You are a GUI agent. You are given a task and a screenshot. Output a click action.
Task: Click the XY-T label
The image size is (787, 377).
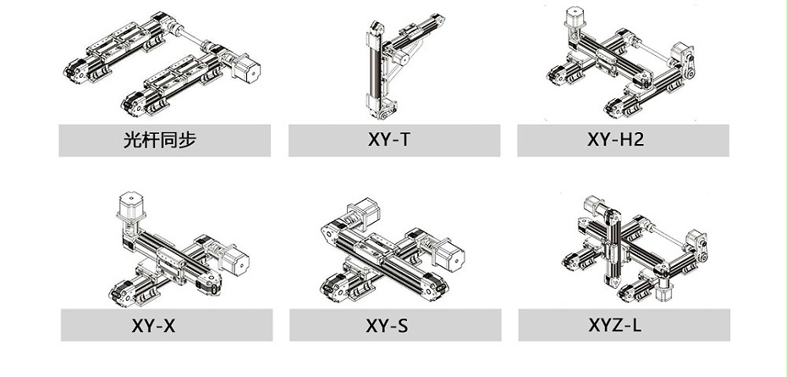388,139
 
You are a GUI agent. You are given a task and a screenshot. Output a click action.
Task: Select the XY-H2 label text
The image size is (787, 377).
615,139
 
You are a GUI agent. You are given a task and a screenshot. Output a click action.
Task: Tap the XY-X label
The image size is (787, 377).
153,326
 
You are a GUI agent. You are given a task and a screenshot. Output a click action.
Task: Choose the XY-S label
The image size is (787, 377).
387,326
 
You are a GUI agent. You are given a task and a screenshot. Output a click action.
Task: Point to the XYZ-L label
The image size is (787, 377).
615,325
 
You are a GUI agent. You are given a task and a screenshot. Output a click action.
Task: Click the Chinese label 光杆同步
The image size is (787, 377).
160,139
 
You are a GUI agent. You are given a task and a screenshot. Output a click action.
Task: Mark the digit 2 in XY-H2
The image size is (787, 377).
637,139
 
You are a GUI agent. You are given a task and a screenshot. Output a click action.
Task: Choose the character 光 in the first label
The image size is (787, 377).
132,139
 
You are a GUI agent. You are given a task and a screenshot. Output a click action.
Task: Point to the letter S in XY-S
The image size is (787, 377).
403,326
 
